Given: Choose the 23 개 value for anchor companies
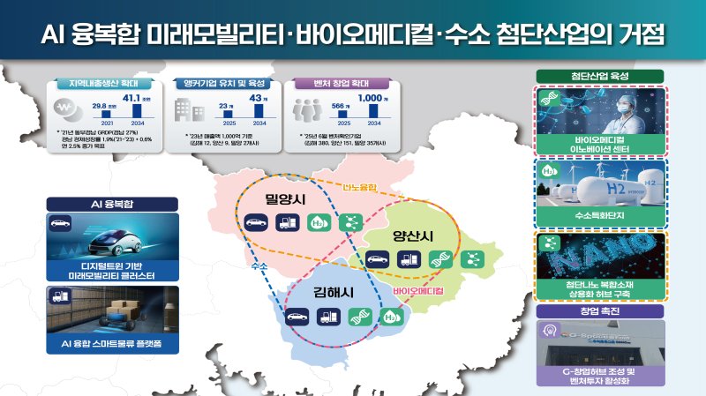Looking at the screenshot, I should pos(225,107).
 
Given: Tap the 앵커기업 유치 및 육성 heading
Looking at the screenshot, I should pos(225,84).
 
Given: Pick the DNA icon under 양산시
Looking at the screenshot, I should pos(438,259).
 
